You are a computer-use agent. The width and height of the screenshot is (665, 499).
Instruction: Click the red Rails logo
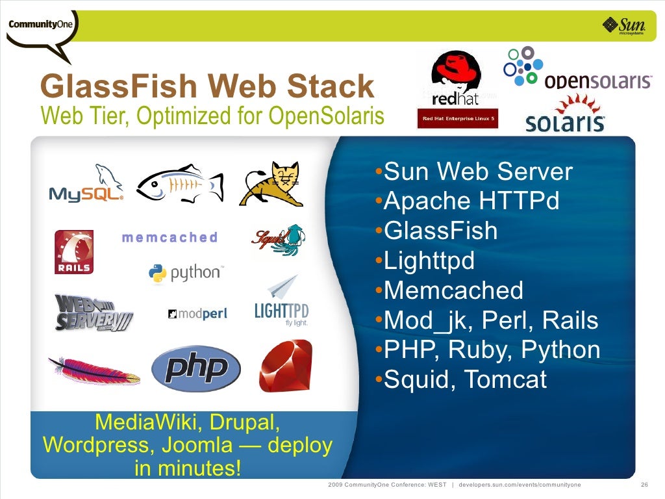(73, 251)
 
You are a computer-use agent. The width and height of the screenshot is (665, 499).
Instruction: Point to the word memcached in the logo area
(169, 237)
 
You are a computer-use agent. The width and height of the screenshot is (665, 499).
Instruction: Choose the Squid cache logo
(278, 239)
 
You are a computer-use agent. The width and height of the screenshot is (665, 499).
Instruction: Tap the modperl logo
(197, 314)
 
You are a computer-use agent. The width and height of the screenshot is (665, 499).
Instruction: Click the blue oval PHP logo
(196, 369)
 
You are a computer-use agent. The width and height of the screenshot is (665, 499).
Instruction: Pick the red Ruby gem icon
(285, 366)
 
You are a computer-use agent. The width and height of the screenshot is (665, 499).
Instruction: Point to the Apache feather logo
(94, 370)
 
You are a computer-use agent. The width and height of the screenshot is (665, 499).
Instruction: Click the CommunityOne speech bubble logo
(40, 26)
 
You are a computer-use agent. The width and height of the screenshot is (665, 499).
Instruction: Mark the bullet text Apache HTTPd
(471, 201)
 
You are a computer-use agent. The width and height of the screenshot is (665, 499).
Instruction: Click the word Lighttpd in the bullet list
(429, 261)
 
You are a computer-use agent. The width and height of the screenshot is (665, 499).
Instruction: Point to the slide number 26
(644, 485)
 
